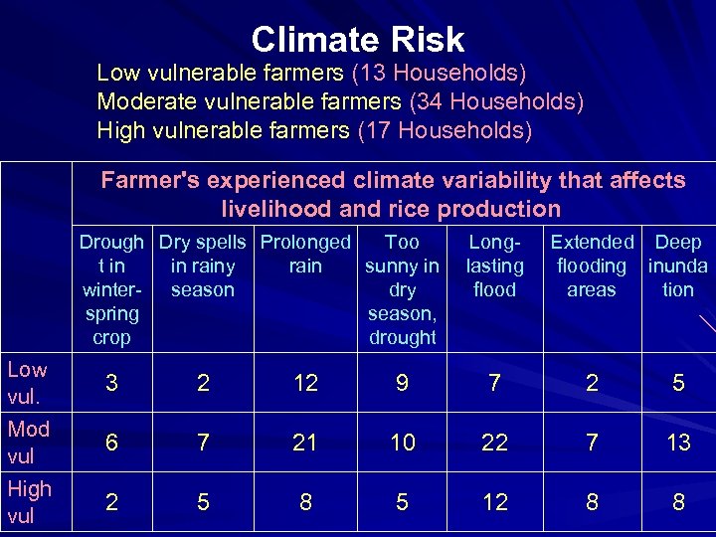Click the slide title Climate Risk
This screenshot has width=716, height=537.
point(357,40)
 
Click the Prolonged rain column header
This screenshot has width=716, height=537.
point(305,254)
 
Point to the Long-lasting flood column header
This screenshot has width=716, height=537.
point(494,266)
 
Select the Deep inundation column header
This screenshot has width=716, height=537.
point(678,266)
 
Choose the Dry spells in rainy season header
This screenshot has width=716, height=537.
point(203,266)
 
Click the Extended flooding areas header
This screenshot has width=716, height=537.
point(592,266)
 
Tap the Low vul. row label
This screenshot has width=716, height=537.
point(27,382)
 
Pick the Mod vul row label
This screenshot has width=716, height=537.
point(28,442)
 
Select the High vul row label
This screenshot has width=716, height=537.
point(29,501)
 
